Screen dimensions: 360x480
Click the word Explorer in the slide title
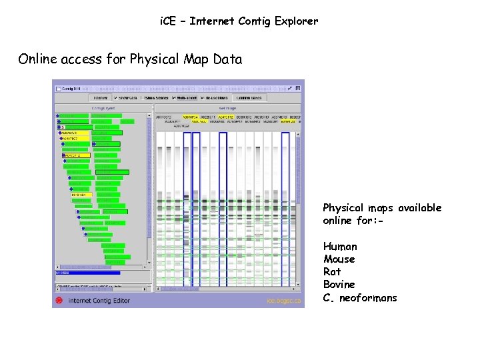(294, 21)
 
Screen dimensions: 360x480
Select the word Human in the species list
(340, 247)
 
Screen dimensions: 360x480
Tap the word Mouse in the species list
(339, 259)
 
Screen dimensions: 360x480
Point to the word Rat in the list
(332, 272)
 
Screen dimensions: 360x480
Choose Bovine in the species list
(339, 285)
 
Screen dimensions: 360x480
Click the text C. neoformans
(360, 298)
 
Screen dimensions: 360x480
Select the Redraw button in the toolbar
(100, 97)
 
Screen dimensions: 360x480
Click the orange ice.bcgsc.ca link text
(284, 301)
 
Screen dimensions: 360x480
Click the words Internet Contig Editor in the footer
(100, 301)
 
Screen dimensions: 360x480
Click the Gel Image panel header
(227, 108)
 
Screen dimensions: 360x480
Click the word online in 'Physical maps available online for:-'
(340, 221)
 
